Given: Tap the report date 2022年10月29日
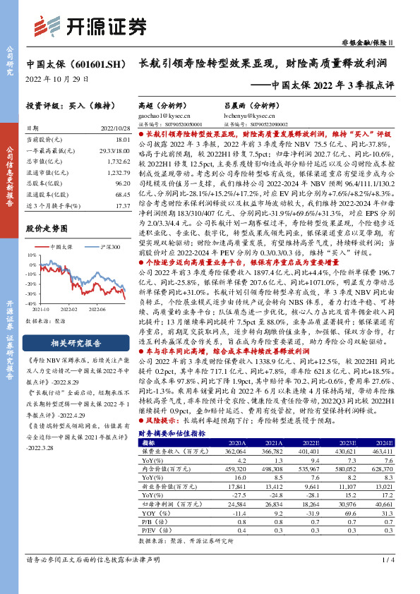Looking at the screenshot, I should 56,79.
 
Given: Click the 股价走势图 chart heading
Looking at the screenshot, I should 46,229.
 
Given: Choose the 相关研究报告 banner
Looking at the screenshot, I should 78,344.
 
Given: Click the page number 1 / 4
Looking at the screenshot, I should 389,580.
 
